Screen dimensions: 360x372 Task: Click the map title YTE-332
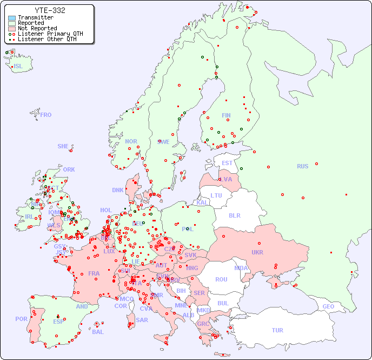(50, 10)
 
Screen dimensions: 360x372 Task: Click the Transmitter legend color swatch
(12, 18)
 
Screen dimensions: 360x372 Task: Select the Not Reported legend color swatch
(12, 28)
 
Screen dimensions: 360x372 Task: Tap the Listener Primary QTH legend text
(50, 34)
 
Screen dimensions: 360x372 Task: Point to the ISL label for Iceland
(18, 67)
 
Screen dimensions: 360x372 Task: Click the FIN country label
(226, 115)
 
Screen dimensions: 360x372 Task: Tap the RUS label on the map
(302, 166)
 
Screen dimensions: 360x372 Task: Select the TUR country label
(277, 330)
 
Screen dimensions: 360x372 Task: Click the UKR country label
(257, 252)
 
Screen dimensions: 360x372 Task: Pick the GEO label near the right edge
(328, 306)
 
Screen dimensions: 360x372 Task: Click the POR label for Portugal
(21, 319)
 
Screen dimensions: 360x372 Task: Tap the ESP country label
(58, 321)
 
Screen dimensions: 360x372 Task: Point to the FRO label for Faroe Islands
(46, 115)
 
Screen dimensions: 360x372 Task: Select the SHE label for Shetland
(63, 146)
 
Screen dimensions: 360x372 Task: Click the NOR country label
(131, 141)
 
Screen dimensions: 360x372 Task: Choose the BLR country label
(234, 215)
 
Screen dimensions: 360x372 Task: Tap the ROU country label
(221, 279)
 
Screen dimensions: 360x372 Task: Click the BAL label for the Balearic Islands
(97, 332)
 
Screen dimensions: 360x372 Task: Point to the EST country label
(227, 163)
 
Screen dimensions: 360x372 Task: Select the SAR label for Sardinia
(142, 320)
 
